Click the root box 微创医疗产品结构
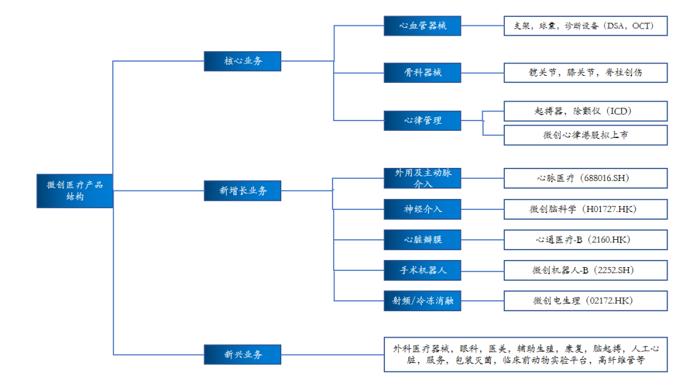[x=75, y=190]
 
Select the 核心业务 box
[x=242, y=61]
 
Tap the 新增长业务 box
[x=242, y=191]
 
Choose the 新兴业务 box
[x=242, y=355]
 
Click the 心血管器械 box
[x=422, y=26]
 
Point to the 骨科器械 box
[x=422, y=73]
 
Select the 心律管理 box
[x=422, y=121]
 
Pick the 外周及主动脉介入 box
[x=422, y=178]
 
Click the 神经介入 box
[x=422, y=209]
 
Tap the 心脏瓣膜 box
[x=422, y=239]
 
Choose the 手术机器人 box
[x=422, y=270]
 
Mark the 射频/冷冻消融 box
[x=422, y=301]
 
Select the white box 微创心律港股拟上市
[x=585, y=135]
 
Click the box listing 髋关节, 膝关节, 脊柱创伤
[x=585, y=73]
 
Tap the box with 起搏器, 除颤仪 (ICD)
[x=585, y=111]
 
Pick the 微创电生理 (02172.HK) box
[x=585, y=301]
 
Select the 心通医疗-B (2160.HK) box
[x=585, y=239]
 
